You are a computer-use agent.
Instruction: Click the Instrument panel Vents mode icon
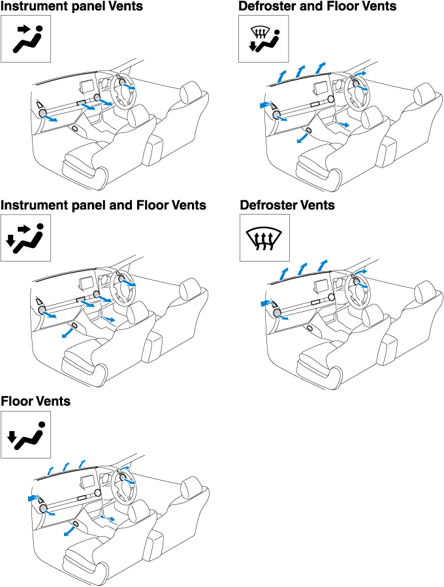(25, 39)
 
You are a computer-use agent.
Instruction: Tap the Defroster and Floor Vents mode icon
(263, 39)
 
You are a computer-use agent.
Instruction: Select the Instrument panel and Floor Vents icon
(25, 237)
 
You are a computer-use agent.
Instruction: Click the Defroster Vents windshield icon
(263, 237)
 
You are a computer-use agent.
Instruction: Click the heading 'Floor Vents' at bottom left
(36, 401)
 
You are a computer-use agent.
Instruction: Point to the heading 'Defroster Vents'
(287, 205)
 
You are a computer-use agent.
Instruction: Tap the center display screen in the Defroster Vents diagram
(321, 286)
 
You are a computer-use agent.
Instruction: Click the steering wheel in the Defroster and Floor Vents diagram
(359, 91)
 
